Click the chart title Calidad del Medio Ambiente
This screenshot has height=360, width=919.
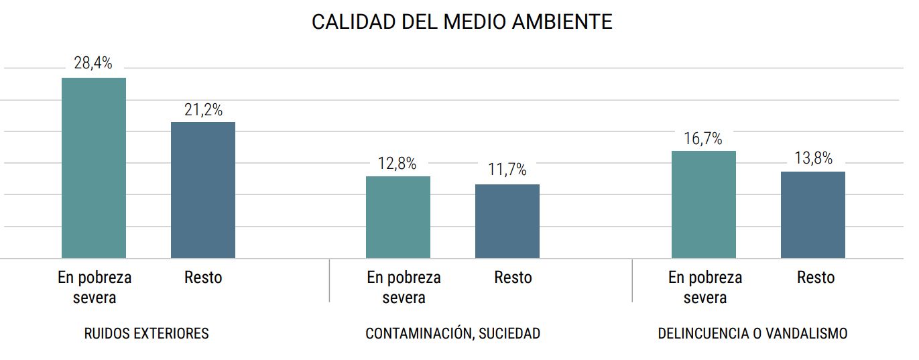pos(462,22)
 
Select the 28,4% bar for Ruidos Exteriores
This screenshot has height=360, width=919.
pos(94,168)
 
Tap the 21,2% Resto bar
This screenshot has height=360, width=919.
pos(203,190)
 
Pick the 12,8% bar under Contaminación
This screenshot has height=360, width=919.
pos(398,217)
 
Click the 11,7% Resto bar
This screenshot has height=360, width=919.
pos(507,221)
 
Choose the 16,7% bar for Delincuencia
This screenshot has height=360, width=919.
pos(703,204)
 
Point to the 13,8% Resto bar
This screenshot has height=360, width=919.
pos(813,215)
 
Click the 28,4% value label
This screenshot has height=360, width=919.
pos(93,64)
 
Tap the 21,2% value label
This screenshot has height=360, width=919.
pos(203,109)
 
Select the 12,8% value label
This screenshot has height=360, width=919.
pos(397,164)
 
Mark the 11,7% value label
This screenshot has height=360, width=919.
pos(507,171)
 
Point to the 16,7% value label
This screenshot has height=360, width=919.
pos(703,139)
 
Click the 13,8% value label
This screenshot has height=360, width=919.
pos(813,159)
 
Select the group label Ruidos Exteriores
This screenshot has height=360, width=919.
pos(146,333)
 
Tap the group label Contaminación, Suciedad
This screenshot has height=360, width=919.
pos(452,333)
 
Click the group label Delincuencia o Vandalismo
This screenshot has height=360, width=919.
pos(753,333)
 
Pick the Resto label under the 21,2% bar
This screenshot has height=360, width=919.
pos(203,278)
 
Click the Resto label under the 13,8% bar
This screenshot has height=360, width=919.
pos(816,278)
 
